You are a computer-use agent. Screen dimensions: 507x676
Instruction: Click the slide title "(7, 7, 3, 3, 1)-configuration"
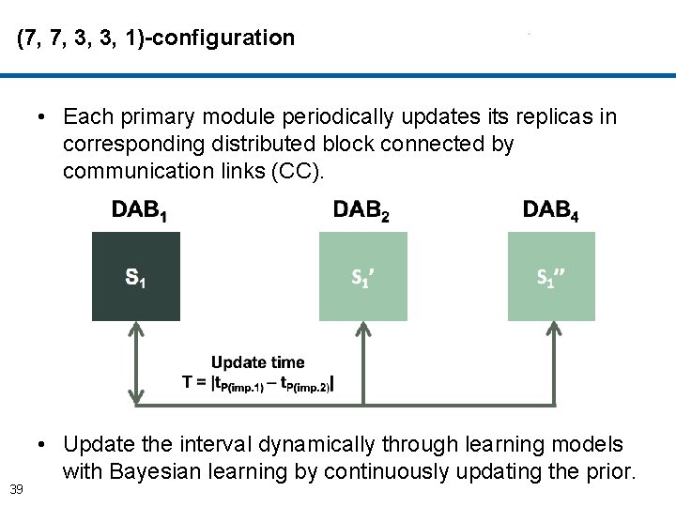click(156, 38)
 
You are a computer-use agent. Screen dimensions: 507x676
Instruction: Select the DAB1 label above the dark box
click(140, 210)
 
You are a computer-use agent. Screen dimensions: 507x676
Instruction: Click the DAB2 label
click(361, 210)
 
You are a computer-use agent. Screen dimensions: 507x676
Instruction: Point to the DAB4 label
click(550, 210)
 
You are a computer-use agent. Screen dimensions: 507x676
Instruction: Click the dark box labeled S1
click(135, 277)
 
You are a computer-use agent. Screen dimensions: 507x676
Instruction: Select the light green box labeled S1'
click(363, 277)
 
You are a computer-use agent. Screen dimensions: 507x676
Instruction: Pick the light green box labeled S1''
click(551, 277)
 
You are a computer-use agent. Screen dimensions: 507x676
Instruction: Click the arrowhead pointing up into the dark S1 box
click(136, 330)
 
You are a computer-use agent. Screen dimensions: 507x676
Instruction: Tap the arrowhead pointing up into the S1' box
click(363, 330)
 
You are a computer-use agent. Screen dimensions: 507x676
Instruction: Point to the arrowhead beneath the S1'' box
click(551, 330)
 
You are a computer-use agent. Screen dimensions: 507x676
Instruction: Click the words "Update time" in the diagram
click(257, 362)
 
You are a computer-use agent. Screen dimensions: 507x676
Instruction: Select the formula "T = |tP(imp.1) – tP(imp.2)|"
click(257, 383)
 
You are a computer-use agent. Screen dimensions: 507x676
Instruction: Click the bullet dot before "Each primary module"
click(43, 117)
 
